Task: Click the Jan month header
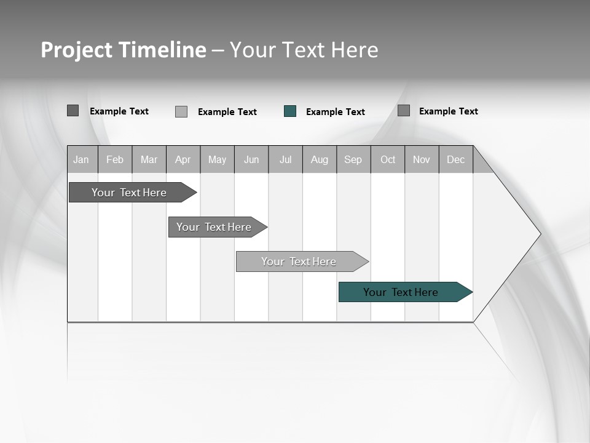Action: [x=82, y=159]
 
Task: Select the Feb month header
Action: [x=115, y=159]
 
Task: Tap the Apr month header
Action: [x=183, y=159]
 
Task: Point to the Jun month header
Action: [x=251, y=159]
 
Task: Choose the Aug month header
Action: [x=320, y=159]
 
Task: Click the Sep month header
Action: [x=353, y=159]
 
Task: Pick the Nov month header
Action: [x=422, y=159]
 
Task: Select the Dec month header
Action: [x=456, y=159]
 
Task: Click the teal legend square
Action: [x=290, y=111]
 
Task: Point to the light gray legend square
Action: [x=181, y=111]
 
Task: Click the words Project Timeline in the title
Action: [x=124, y=50]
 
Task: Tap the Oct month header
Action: [x=388, y=159]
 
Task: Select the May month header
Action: [x=217, y=159]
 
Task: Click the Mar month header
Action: [x=149, y=159]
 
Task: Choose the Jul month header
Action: [x=286, y=159]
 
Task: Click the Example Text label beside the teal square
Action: [x=336, y=112]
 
